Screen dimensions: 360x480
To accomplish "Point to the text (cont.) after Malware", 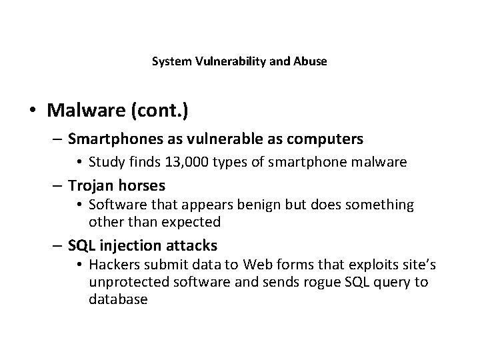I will pyautogui.click(x=160, y=109).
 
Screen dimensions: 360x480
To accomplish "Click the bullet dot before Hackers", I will pyautogui.click(x=79, y=265).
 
